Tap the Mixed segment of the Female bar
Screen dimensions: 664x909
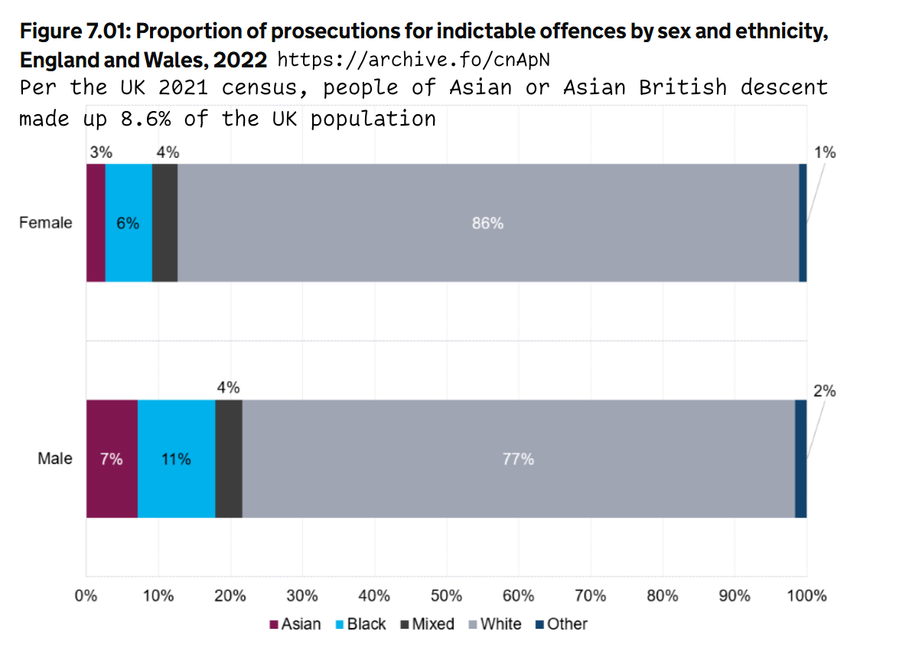[x=165, y=223]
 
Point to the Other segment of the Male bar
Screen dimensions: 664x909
[x=800, y=459]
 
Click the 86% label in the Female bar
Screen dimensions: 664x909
[x=487, y=224]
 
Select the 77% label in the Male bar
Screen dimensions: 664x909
[x=518, y=460]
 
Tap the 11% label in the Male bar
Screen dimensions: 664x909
[x=176, y=460]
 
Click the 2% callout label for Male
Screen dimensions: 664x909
[x=824, y=391]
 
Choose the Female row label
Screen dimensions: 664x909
[x=46, y=223]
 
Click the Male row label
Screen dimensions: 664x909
[x=55, y=459]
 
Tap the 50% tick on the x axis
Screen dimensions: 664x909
[x=446, y=596]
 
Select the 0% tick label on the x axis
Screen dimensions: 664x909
[x=86, y=596]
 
